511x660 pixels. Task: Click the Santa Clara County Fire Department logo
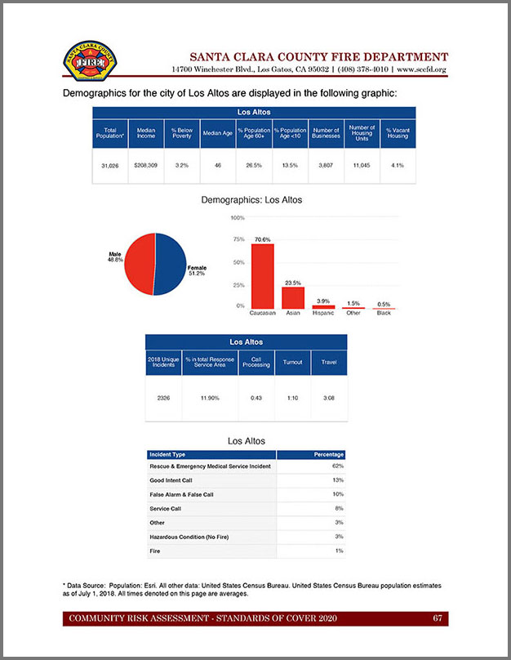pyautogui.click(x=90, y=62)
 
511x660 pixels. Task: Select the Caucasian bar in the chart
pyautogui.click(x=262, y=276)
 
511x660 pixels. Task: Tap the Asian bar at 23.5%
pyautogui.click(x=293, y=297)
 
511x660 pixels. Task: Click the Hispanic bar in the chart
pyautogui.click(x=323, y=307)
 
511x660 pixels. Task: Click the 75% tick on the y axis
pyautogui.click(x=239, y=239)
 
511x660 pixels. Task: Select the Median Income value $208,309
pyautogui.click(x=146, y=166)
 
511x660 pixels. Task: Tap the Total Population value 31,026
pyautogui.click(x=110, y=166)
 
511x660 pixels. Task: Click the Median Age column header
pyautogui.click(x=218, y=133)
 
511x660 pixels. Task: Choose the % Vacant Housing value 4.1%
pyautogui.click(x=398, y=166)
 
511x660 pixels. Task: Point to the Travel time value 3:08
pyautogui.click(x=329, y=397)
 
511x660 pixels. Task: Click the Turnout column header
pyautogui.click(x=292, y=362)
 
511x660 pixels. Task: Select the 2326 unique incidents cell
pyautogui.click(x=163, y=397)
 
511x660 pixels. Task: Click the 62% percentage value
pyautogui.click(x=338, y=466)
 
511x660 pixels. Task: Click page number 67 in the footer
pyautogui.click(x=438, y=618)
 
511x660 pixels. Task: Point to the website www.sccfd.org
pyautogui.click(x=421, y=70)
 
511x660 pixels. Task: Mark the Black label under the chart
pyautogui.click(x=384, y=313)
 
